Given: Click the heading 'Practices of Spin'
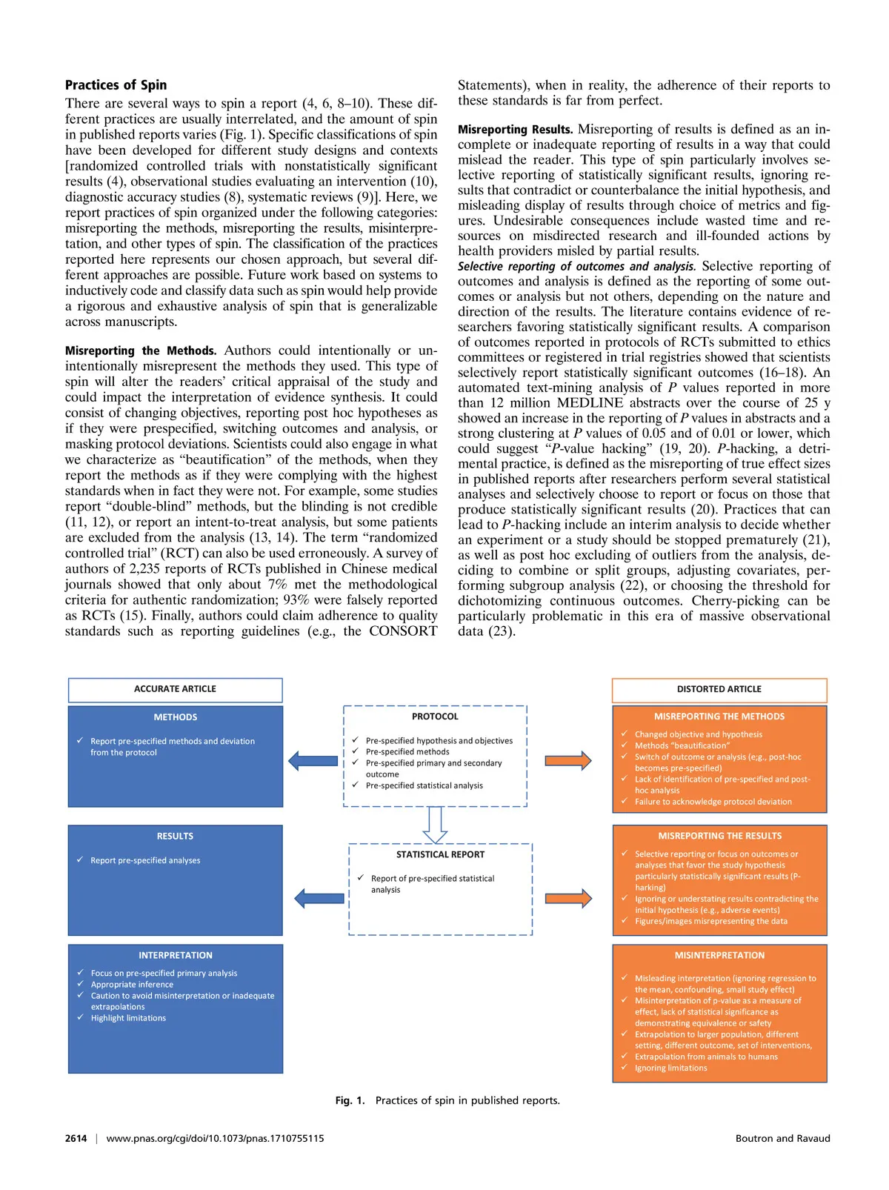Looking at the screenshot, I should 116,85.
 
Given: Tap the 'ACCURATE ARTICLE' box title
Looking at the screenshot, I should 175,689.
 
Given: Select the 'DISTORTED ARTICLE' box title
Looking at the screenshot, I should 719,689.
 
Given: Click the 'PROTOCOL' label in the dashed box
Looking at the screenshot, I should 435,717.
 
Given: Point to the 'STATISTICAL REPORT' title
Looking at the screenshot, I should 440,854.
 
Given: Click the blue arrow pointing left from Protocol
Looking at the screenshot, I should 313,760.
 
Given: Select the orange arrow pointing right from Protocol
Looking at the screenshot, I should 568,760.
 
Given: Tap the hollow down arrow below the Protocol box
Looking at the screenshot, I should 435,824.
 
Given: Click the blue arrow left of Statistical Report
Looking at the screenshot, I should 319,899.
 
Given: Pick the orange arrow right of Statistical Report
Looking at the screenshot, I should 568,899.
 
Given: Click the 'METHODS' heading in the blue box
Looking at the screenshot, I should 175,717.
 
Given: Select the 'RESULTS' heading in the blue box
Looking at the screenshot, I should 175,837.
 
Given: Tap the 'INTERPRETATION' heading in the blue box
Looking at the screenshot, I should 175,956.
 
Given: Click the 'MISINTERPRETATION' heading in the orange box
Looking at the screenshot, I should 719,956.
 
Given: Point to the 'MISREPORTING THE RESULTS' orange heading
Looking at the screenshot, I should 719,836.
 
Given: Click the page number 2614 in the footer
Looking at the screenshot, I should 76,1138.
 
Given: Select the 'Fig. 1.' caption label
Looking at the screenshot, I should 350,1100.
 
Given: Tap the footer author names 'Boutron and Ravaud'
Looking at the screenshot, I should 782,1138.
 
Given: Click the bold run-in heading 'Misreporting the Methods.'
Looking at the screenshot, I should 141,350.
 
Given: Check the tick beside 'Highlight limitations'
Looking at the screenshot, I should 80,1017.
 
